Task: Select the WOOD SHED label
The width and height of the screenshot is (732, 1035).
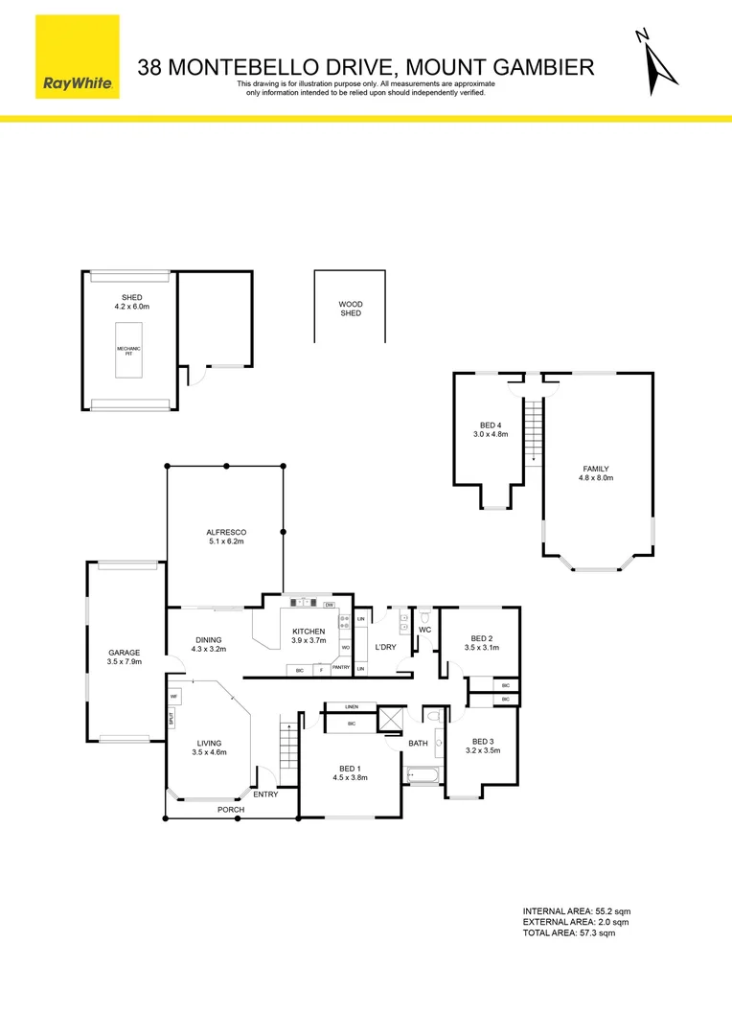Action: pyautogui.click(x=351, y=309)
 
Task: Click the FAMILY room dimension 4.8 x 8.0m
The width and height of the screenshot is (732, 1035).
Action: pyautogui.click(x=596, y=478)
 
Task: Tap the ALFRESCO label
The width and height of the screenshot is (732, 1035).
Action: pyautogui.click(x=226, y=532)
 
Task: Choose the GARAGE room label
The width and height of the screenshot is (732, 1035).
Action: pyautogui.click(x=124, y=653)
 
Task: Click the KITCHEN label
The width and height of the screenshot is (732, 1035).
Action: pyautogui.click(x=309, y=632)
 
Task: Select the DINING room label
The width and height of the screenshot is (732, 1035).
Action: pyautogui.click(x=208, y=640)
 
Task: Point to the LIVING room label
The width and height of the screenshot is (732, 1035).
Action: pyautogui.click(x=209, y=743)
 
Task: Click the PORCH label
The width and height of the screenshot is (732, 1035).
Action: pyautogui.click(x=230, y=810)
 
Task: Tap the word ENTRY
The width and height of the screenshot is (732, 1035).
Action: pyautogui.click(x=265, y=793)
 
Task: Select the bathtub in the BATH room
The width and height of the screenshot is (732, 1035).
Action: pyautogui.click(x=422, y=775)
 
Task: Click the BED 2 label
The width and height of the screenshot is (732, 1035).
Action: pyautogui.click(x=481, y=638)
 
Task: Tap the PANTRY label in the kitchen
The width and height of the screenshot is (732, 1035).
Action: pyautogui.click(x=341, y=667)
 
